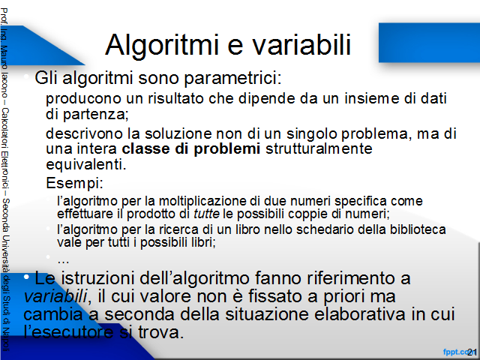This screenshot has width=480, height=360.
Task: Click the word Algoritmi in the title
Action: [162, 45]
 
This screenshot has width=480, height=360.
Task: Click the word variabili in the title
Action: [301, 44]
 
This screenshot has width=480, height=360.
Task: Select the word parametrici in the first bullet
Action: [232, 78]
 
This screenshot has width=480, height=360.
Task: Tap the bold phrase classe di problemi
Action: [191, 149]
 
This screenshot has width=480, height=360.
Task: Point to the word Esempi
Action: [74, 184]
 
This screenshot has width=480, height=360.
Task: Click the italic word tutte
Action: [206, 214]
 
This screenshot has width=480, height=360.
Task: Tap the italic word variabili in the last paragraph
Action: [55, 297]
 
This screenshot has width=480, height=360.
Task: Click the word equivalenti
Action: [85, 165]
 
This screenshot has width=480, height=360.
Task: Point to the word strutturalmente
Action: [319, 149]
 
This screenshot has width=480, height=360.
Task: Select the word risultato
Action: [175, 98]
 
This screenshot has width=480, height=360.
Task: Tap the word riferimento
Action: [350, 278]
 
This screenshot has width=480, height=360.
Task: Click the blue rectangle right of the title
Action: [429, 43]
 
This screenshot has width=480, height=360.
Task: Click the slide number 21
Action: [472, 352]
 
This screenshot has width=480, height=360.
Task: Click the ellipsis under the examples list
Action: [63, 262]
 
